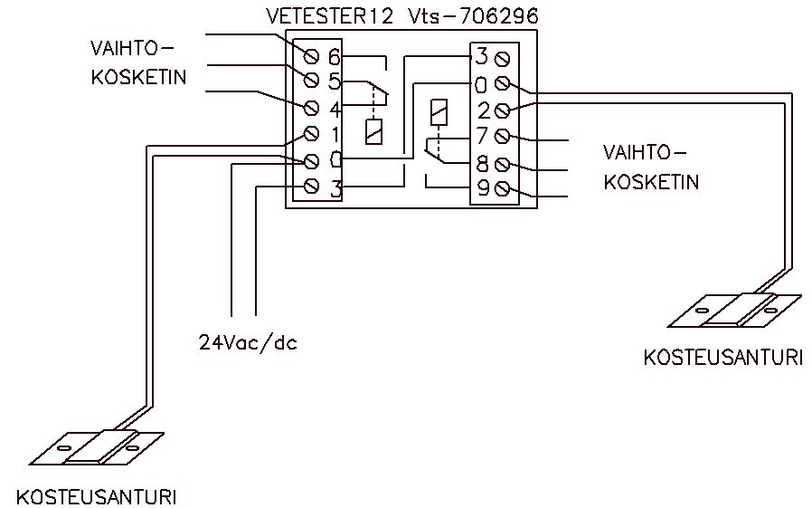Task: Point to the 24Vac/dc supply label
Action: pos(248,343)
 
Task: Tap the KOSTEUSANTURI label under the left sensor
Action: pos(96,497)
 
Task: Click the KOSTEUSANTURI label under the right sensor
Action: pos(722,358)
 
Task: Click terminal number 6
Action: pos(334,57)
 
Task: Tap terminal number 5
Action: pos(334,82)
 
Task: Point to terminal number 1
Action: pos(334,135)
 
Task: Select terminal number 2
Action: pos(482,110)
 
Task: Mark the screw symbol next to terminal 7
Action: pos(503,137)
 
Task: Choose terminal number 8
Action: pos(482,164)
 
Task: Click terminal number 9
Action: pos(482,189)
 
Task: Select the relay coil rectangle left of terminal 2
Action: pos(439,112)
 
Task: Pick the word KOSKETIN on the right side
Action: pos(651,182)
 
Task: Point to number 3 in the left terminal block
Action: pos(334,188)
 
